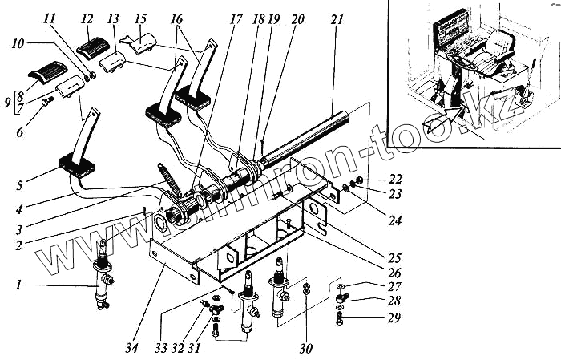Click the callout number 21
pyautogui.click(x=337, y=18)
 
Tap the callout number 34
pyautogui.click(x=131, y=349)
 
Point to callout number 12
pyautogui.click(x=87, y=18)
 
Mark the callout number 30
pyautogui.click(x=306, y=349)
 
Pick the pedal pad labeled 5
pyautogui.click(x=78, y=170)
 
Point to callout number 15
pyautogui.click(x=140, y=18)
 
